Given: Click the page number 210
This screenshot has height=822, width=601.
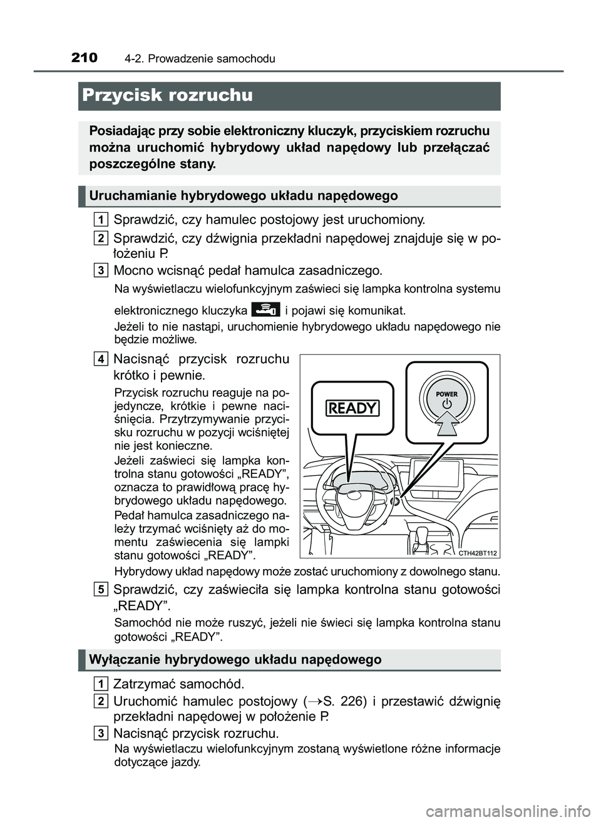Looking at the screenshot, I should coord(85,58).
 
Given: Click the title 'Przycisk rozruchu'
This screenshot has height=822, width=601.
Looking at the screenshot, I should coord(167,96).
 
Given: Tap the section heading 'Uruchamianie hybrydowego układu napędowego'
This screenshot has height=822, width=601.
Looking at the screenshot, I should coord(244,196).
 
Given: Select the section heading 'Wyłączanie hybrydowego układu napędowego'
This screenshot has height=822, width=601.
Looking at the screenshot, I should coord(235,659).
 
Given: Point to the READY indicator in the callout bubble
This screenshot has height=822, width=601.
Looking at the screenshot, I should coord(352,408).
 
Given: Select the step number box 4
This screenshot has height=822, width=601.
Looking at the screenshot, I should coord(101,359).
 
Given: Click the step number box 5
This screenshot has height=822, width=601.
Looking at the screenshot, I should coord(101,589).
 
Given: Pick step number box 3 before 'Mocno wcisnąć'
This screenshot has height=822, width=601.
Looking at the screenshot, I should coord(101,270).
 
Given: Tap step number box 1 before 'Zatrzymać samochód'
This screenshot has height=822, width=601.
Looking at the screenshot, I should coord(101,682).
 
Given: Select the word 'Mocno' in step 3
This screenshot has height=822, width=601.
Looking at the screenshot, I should coord(131,270).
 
